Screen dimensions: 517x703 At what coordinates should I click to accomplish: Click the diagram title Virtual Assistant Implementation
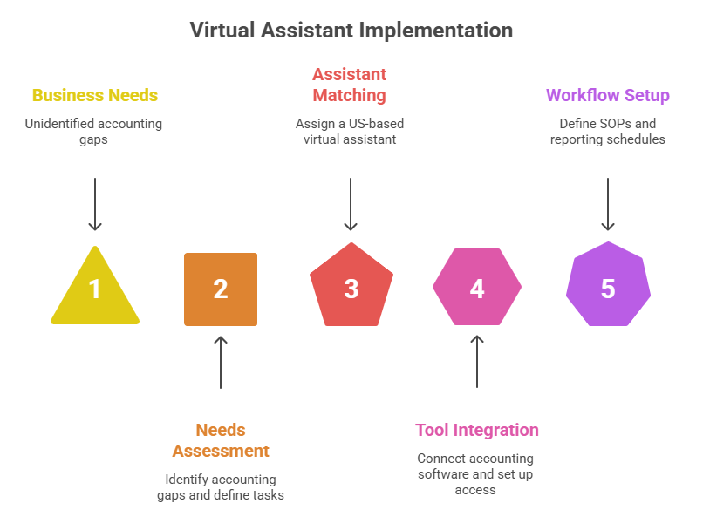pos(351,31)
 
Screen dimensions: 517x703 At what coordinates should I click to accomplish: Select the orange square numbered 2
pos(221,289)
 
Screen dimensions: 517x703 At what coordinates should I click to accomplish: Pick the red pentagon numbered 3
pos(351,289)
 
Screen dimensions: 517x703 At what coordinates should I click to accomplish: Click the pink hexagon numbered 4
pos(477,289)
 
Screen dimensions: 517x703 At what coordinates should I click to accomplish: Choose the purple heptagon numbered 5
pos(608,289)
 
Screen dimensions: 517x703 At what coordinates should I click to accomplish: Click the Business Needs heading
pos(95,95)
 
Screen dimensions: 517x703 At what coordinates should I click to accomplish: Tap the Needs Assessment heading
pos(221,440)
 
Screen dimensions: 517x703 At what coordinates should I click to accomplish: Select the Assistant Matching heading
pos(350,85)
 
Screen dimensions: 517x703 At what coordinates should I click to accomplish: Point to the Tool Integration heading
pos(477,430)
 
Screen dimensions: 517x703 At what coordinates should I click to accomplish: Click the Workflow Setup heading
pos(608,95)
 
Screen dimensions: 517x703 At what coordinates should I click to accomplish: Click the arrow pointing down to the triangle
pos(95,205)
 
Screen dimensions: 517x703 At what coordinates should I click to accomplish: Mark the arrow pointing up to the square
pos(221,362)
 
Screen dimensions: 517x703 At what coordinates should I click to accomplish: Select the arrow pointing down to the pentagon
pos(350,205)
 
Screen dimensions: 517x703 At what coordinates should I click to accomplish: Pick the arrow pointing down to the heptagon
pos(608,205)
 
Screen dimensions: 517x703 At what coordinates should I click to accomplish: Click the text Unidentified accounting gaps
pos(93,132)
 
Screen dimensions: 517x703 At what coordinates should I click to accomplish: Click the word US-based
pos(376,124)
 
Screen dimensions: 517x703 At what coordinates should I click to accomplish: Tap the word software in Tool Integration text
pos(446,474)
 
